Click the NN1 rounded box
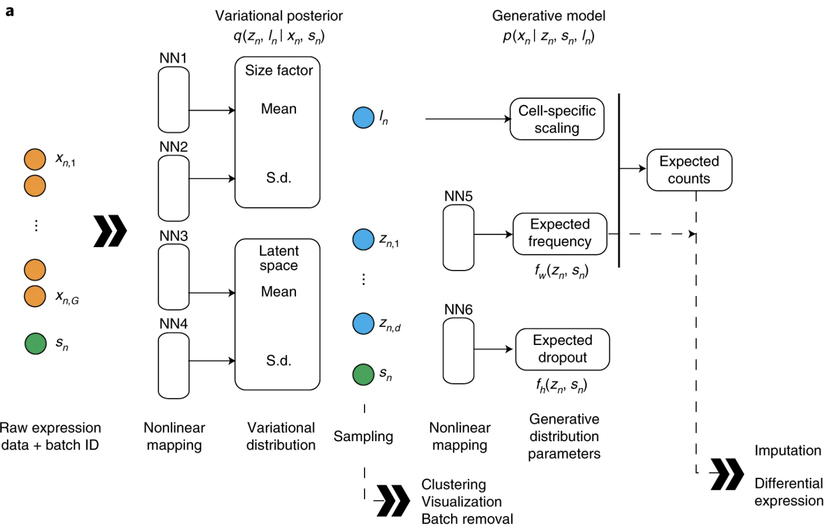(x=174, y=100)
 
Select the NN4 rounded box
(x=174, y=366)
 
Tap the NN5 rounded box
(x=459, y=238)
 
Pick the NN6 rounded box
(x=459, y=350)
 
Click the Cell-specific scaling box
(x=557, y=119)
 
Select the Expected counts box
(x=689, y=170)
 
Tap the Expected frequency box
(x=560, y=234)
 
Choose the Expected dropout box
(x=562, y=349)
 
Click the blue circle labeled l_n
(x=363, y=118)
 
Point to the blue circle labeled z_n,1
(x=363, y=240)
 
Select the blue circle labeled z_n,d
(x=363, y=324)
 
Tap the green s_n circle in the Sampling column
(x=363, y=375)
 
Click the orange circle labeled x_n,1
(x=35, y=159)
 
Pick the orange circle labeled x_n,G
(x=35, y=296)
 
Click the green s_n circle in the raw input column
(x=35, y=343)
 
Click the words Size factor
(x=279, y=70)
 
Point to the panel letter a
(x=10, y=11)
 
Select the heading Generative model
(x=549, y=16)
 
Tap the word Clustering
(x=454, y=484)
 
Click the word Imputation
(x=788, y=451)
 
